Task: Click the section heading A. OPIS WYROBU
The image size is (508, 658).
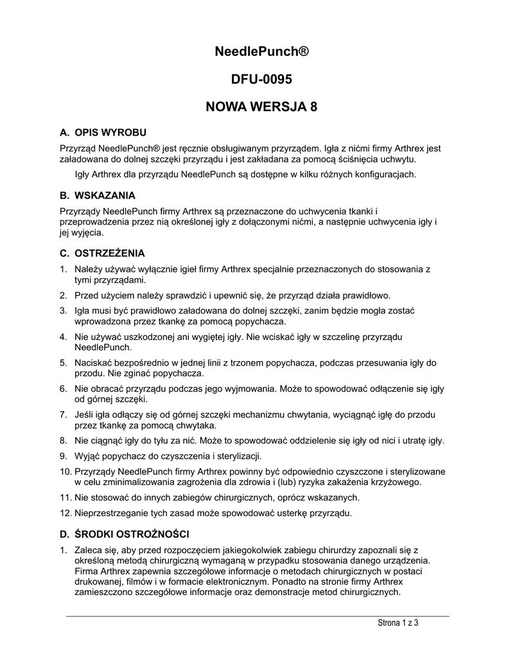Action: (x=103, y=133)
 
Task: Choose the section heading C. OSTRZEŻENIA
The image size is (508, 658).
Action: (x=102, y=253)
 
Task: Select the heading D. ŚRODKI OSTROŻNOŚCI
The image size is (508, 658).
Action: (x=124, y=534)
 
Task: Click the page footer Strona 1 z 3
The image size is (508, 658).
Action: (x=397, y=624)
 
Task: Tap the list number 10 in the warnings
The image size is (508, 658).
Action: (x=64, y=472)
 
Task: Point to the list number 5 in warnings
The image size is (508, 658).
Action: (x=63, y=362)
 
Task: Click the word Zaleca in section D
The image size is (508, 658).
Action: (x=89, y=550)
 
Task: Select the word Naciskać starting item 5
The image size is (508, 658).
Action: (x=93, y=362)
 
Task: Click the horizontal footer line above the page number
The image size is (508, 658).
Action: (x=258, y=615)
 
